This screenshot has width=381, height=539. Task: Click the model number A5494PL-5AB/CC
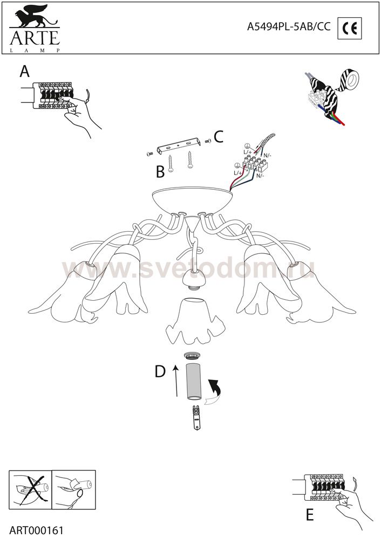(x=288, y=27)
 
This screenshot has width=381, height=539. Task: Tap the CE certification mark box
(x=349, y=28)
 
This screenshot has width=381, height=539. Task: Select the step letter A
(x=24, y=72)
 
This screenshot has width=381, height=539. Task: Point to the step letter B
(x=160, y=171)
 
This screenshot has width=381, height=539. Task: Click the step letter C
(x=219, y=136)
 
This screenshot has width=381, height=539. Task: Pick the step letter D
(x=160, y=371)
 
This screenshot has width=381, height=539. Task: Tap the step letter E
(x=310, y=515)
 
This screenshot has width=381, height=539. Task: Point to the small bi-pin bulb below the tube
(x=196, y=417)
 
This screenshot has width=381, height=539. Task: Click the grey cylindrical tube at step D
(x=194, y=382)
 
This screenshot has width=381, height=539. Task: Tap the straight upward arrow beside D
(x=176, y=381)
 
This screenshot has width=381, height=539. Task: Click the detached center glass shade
(x=195, y=320)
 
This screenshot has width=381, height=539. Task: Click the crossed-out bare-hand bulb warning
(x=30, y=490)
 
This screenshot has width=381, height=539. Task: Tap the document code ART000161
(x=37, y=530)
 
